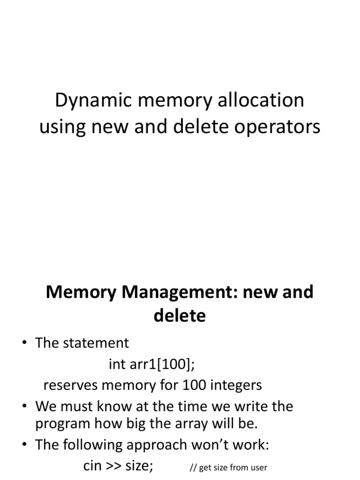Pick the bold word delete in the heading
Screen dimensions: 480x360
(180, 316)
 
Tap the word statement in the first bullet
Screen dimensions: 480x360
(96, 343)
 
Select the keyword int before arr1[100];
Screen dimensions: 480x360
(117, 364)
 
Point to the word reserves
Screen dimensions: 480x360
(71, 385)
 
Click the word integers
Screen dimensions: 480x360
(236, 385)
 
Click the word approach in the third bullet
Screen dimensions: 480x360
(155, 445)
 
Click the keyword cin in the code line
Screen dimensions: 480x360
(93, 466)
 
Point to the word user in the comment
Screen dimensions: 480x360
(258, 467)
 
